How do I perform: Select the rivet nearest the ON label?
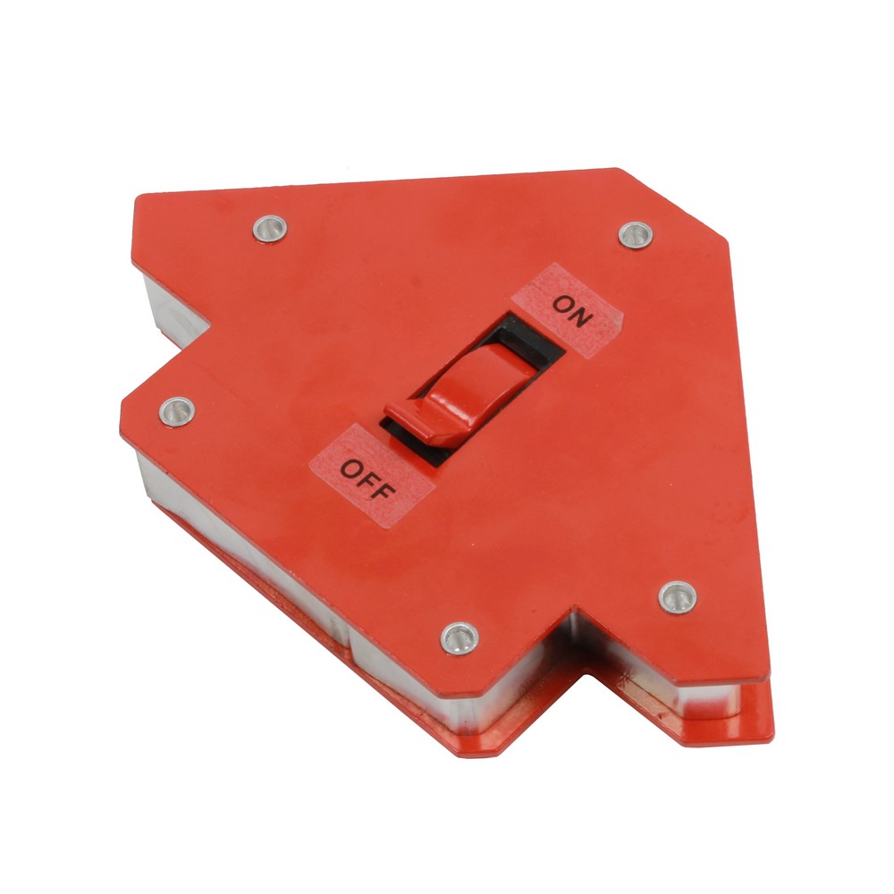[x=636, y=234]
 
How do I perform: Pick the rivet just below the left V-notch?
[x=177, y=410]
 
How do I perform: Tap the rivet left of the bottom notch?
[x=460, y=637]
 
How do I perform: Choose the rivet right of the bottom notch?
[x=677, y=595]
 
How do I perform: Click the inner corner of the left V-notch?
[x=213, y=325]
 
